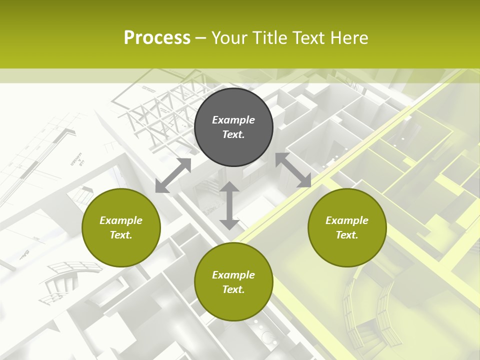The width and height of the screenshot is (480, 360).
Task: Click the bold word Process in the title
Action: click(x=157, y=38)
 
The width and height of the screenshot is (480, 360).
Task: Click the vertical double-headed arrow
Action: click(x=229, y=205)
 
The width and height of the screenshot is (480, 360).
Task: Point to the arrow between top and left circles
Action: click(x=173, y=175)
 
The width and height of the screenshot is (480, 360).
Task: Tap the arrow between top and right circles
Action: click(x=293, y=170)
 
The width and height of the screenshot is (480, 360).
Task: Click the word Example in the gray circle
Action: click(x=233, y=120)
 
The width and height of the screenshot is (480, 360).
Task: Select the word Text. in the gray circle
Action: click(x=233, y=134)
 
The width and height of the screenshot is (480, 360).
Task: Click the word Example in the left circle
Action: click(x=121, y=220)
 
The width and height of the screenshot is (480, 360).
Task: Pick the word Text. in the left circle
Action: click(x=121, y=235)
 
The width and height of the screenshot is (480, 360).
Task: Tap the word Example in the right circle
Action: click(x=347, y=220)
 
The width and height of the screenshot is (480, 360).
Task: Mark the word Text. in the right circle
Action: click(x=347, y=235)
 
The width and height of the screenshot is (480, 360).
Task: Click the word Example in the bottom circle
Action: click(x=233, y=275)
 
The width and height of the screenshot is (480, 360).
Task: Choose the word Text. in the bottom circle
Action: click(x=233, y=289)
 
